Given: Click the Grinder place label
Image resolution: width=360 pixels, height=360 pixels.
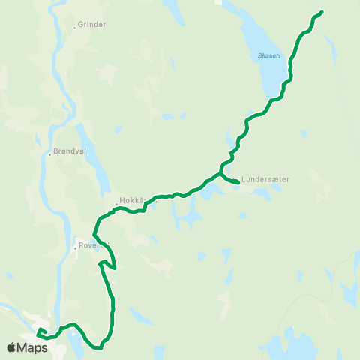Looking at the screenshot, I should click(91, 25).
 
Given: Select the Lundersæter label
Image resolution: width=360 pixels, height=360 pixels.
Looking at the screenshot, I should click(265, 180).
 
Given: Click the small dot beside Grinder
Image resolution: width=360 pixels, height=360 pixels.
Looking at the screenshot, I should click(74, 28).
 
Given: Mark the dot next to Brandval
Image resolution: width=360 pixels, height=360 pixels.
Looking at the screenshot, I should click(49, 154).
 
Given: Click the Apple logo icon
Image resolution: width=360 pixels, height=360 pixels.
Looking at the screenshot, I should click(13, 347).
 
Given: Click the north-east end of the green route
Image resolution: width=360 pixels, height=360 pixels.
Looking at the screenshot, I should click(322, 12).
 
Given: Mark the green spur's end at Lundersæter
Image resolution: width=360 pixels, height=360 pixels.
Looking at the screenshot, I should click(238, 182).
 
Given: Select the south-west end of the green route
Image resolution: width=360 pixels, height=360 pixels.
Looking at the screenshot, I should click(39, 330).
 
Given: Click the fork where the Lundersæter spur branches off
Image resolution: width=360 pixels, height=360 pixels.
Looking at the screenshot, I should click(220, 174).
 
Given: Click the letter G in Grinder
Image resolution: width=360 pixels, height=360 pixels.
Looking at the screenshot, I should click(81, 25).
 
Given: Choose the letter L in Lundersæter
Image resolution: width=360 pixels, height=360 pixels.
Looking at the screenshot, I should click(244, 180).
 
